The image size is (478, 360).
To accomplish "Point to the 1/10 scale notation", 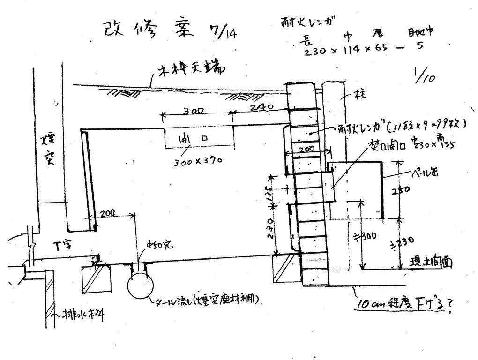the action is click(424, 75).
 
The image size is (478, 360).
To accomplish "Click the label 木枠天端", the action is click(191, 71).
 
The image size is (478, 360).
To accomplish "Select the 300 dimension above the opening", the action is click(193, 111).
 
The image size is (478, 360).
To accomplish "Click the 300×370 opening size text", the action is click(197, 161).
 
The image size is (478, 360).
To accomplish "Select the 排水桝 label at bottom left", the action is click(82, 315).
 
